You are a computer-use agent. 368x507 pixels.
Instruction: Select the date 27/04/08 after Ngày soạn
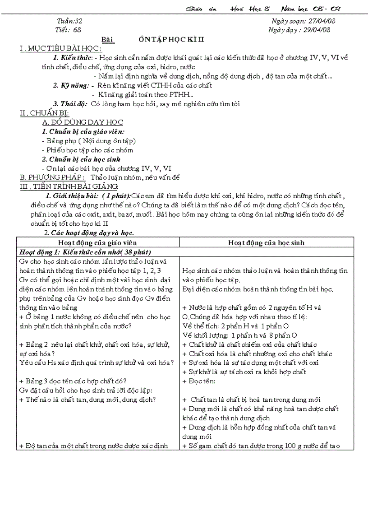click(320, 21)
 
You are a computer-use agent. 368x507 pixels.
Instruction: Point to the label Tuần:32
click(69, 21)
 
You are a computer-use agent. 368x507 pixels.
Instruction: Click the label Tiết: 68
click(69, 30)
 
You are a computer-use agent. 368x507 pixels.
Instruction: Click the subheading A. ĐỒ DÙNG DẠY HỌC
click(82, 122)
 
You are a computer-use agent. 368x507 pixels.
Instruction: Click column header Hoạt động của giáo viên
click(97, 242)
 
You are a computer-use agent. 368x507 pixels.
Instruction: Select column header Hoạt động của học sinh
click(266, 242)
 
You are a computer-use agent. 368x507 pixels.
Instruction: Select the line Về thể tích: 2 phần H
click(235, 326)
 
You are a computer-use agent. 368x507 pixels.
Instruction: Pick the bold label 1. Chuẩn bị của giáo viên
click(82, 131)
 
